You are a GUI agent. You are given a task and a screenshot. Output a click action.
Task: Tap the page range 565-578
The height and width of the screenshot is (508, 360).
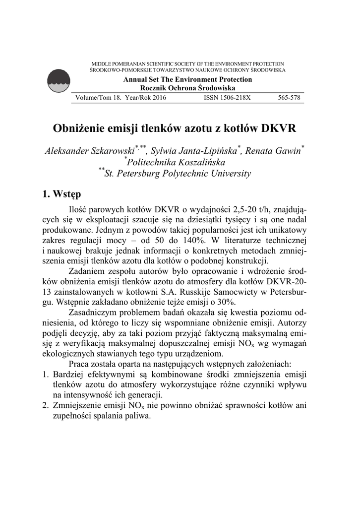click(289, 98)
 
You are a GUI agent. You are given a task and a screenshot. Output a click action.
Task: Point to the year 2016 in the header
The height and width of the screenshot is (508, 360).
click(159, 98)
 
